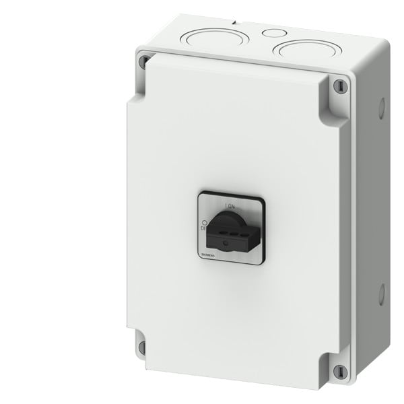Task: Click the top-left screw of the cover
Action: click(142, 62)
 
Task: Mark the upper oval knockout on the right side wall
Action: click(381, 108)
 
